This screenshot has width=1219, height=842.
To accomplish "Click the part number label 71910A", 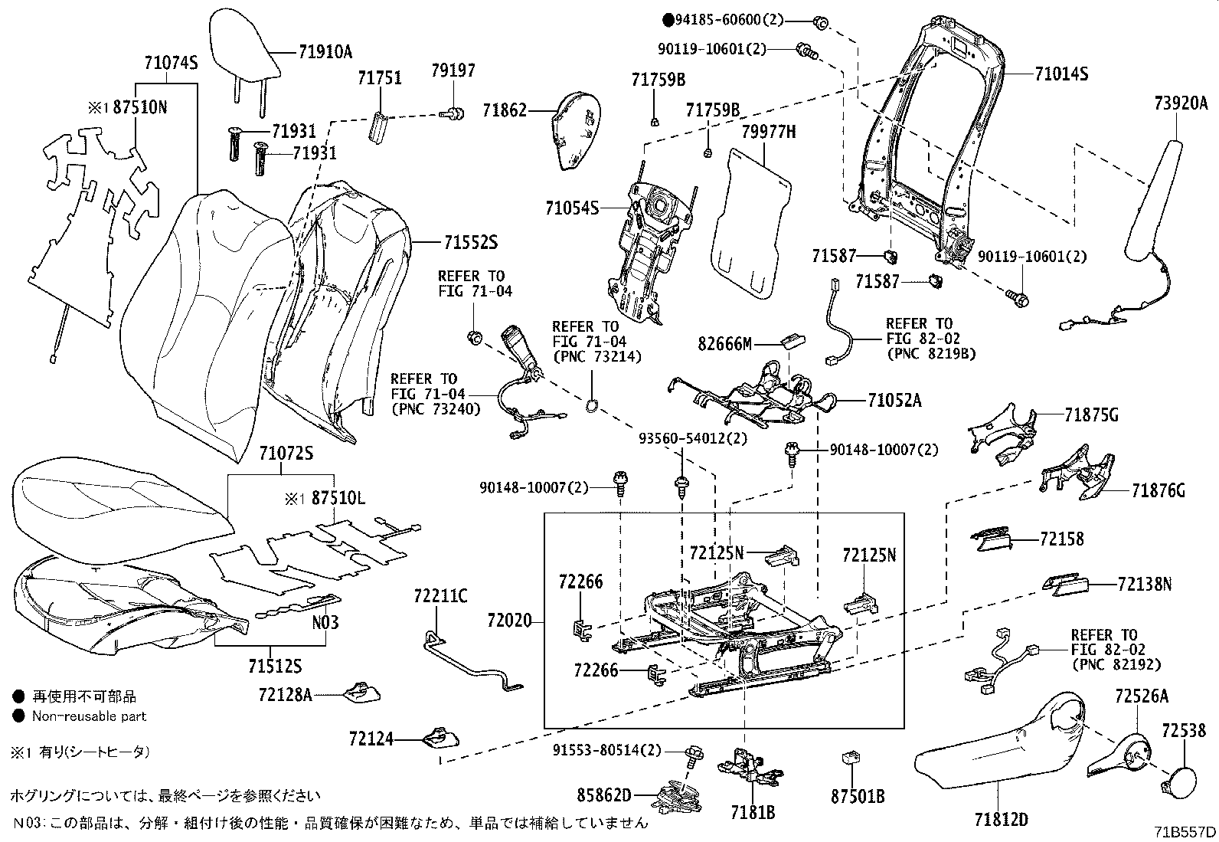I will (325, 52).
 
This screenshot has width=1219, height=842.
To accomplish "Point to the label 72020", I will (510, 621).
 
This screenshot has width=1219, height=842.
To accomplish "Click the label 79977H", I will (768, 132).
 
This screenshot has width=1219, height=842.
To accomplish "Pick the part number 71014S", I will (1061, 74).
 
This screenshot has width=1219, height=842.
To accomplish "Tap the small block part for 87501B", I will (848, 758).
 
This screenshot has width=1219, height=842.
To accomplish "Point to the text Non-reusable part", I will (89, 716).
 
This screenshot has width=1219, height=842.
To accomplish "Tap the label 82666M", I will (725, 343).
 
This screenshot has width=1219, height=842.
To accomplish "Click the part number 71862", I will (505, 110).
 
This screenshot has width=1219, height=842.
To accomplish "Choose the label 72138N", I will (1145, 585).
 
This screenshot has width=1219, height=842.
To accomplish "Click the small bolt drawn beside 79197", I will (453, 114).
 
